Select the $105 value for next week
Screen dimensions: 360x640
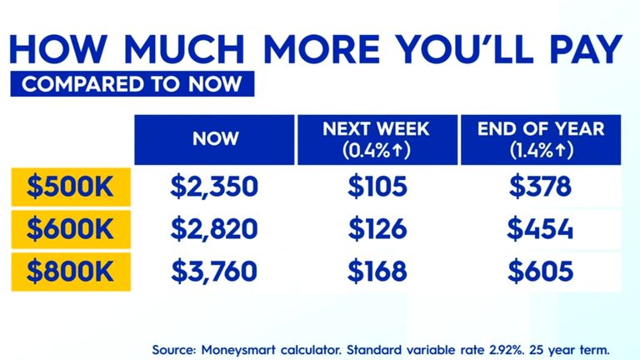(x=377, y=186)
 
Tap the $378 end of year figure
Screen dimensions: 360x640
(x=541, y=186)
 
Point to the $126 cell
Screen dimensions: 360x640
(x=377, y=227)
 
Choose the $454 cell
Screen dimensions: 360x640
(x=541, y=227)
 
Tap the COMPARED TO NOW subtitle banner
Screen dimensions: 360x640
(x=127, y=83)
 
